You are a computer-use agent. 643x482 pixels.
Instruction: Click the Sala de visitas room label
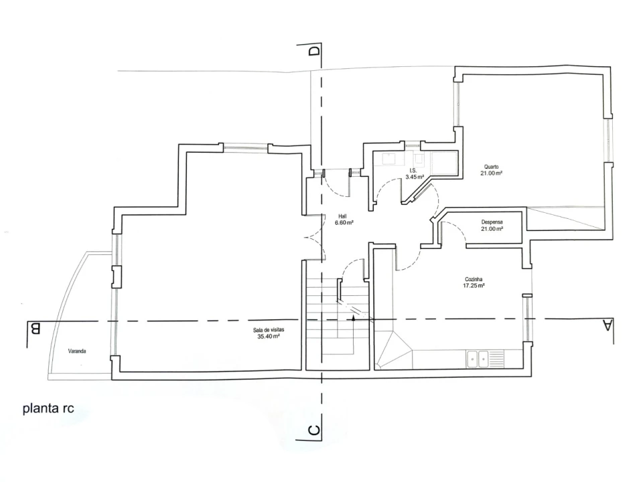click(x=269, y=330)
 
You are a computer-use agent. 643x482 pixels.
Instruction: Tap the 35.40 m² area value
click(x=269, y=337)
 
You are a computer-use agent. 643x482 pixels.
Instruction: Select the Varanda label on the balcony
click(x=77, y=351)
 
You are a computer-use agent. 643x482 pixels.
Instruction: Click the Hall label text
click(x=342, y=216)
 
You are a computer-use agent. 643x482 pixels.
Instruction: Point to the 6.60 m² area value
click(x=344, y=222)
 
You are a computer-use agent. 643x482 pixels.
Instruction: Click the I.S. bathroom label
click(x=413, y=171)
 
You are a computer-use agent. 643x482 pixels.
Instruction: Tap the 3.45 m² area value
click(x=415, y=177)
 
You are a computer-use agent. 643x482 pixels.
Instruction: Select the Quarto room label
click(x=491, y=167)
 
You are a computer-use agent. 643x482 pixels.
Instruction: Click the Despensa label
click(x=492, y=222)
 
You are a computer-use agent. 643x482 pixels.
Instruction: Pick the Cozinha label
click(x=474, y=280)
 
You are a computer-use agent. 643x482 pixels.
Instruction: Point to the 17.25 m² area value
click(x=474, y=286)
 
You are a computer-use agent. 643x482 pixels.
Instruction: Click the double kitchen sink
click(x=478, y=359)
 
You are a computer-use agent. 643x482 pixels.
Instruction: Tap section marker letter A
click(x=608, y=326)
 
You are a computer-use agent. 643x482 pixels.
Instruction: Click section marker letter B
click(x=35, y=329)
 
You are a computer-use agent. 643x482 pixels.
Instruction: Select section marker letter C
click(x=313, y=430)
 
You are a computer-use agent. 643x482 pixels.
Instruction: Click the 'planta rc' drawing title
click(x=48, y=408)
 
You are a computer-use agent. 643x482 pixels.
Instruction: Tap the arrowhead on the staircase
click(x=354, y=317)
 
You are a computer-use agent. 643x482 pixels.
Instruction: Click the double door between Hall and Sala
click(x=314, y=237)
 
